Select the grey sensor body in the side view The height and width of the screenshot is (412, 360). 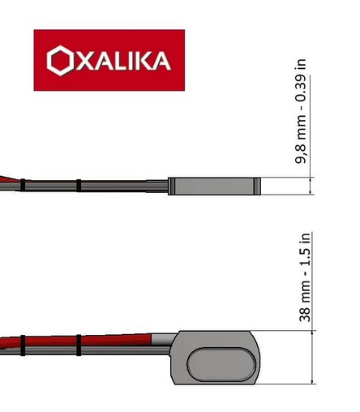coord(213,187)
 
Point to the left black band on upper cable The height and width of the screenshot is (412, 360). coord(24,185)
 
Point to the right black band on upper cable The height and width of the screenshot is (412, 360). coord(79,186)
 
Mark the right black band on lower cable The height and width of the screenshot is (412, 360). coord(79,345)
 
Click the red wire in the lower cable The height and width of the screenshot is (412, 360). coord(122,340)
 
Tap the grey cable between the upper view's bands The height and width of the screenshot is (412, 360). coord(50,186)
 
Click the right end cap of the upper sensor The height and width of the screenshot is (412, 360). coord(257,187)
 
